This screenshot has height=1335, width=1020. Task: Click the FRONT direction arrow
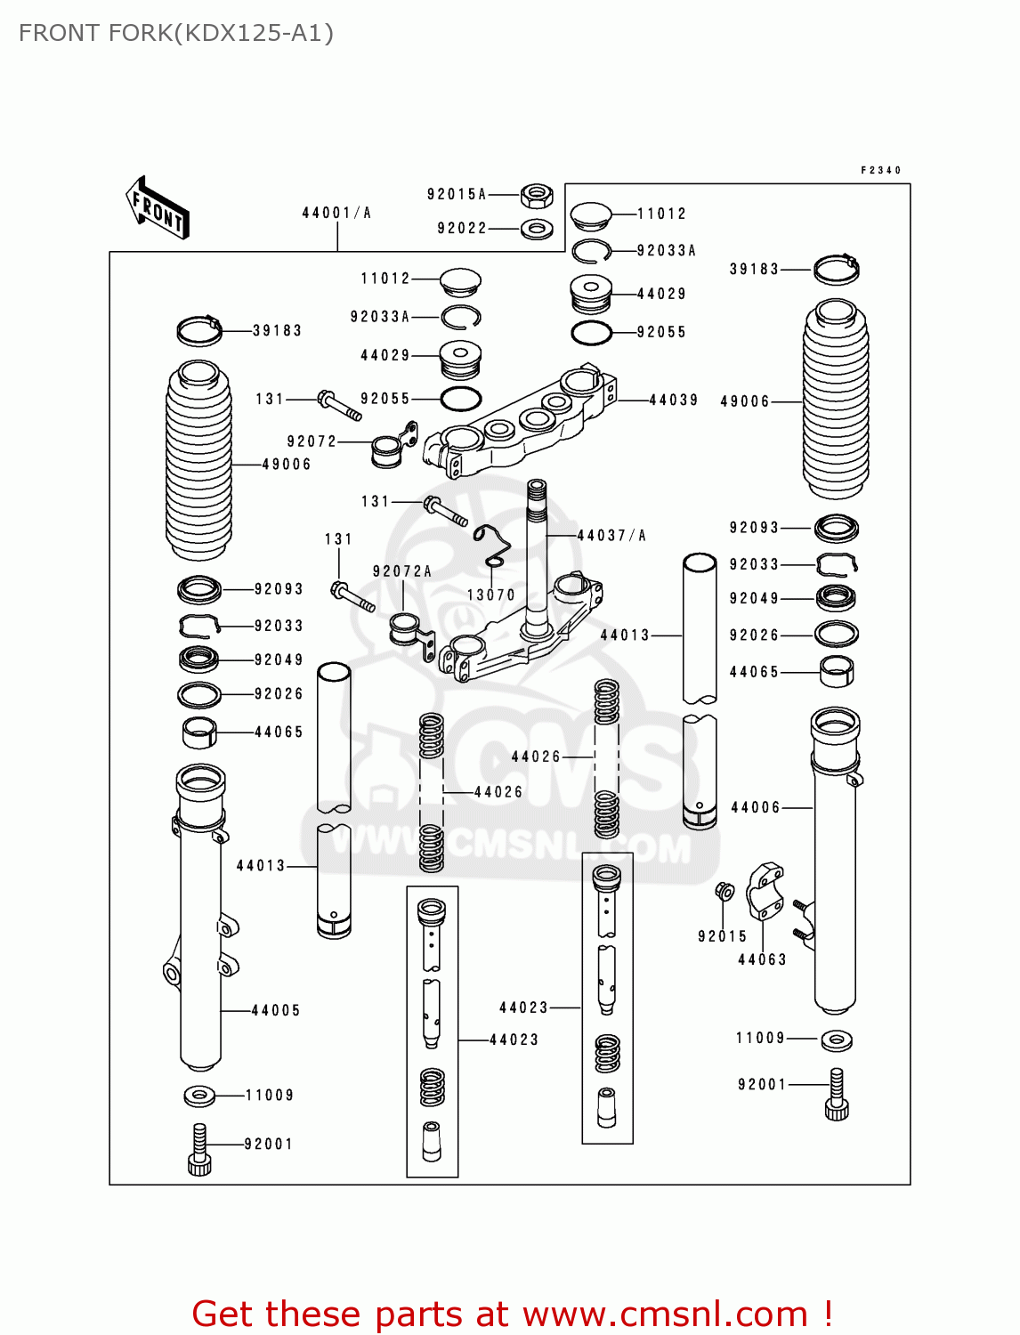point(158,208)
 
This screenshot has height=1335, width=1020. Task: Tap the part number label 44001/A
point(336,213)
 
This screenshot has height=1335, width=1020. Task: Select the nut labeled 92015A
point(536,194)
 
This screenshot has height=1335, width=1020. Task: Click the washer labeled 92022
point(536,229)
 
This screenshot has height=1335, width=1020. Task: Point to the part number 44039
point(674,400)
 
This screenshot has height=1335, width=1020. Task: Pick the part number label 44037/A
point(611,536)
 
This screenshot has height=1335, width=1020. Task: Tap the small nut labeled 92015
point(725,891)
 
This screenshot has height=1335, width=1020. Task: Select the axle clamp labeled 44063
point(765,890)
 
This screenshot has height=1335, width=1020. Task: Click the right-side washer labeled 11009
point(836,1039)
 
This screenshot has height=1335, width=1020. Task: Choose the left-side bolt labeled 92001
point(199,1150)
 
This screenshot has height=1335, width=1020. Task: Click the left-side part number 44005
point(276,1011)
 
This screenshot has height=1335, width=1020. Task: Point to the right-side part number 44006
point(755,808)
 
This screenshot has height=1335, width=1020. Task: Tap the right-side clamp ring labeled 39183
point(837,269)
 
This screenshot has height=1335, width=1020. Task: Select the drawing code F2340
point(880,170)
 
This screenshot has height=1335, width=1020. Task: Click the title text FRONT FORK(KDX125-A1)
point(176,33)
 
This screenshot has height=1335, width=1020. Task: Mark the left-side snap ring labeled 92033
point(199,627)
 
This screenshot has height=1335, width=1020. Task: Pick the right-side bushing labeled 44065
point(836,671)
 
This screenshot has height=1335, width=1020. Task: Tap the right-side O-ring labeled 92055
point(591,333)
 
